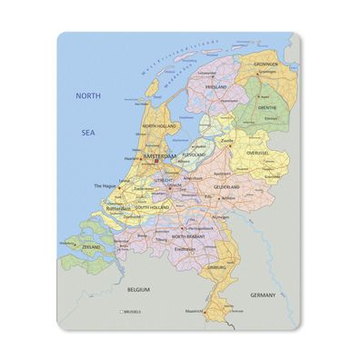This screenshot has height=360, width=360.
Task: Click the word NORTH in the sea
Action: [89, 95]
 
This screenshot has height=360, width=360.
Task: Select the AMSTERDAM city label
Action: [163, 156]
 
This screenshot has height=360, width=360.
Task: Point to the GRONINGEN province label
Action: [265, 65]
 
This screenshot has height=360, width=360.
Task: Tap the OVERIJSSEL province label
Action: [259, 154]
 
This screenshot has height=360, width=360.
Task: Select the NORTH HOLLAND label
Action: [159, 126]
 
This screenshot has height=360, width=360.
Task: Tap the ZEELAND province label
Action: [91, 246]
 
